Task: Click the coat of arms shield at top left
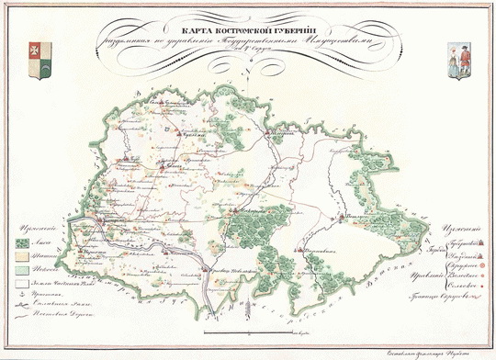[39, 50]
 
